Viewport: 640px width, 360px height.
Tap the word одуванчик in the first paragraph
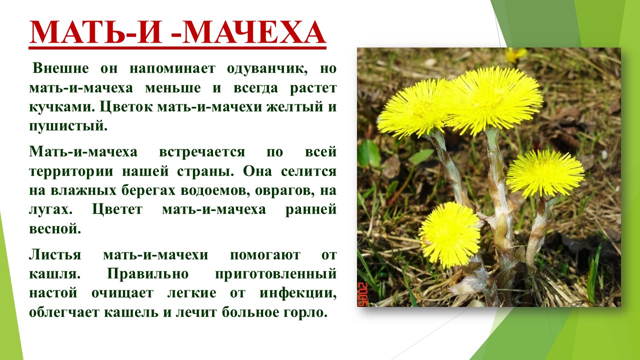pyautogui.click(x=267, y=69)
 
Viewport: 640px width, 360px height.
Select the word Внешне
pyautogui.click(x=60, y=68)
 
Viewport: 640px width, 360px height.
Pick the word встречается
pyautogui.click(x=202, y=152)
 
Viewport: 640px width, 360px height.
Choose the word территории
pyautogui.click(x=71, y=171)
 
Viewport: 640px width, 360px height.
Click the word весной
pyautogui.click(x=55, y=229)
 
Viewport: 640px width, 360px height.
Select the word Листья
pyautogui.click(x=55, y=254)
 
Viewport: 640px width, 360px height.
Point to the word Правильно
pyautogui.click(x=147, y=274)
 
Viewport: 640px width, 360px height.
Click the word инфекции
pyautogui.click(x=298, y=293)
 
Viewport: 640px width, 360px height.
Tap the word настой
pyautogui.click(x=53, y=293)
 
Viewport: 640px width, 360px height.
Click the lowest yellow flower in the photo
pyautogui.click(x=450, y=235)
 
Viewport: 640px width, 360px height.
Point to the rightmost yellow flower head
pyautogui.click(x=545, y=173)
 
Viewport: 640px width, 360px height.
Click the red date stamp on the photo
pyautogui.click(x=362, y=294)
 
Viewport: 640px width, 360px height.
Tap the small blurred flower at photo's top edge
pyautogui.click(x=516, y=54)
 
